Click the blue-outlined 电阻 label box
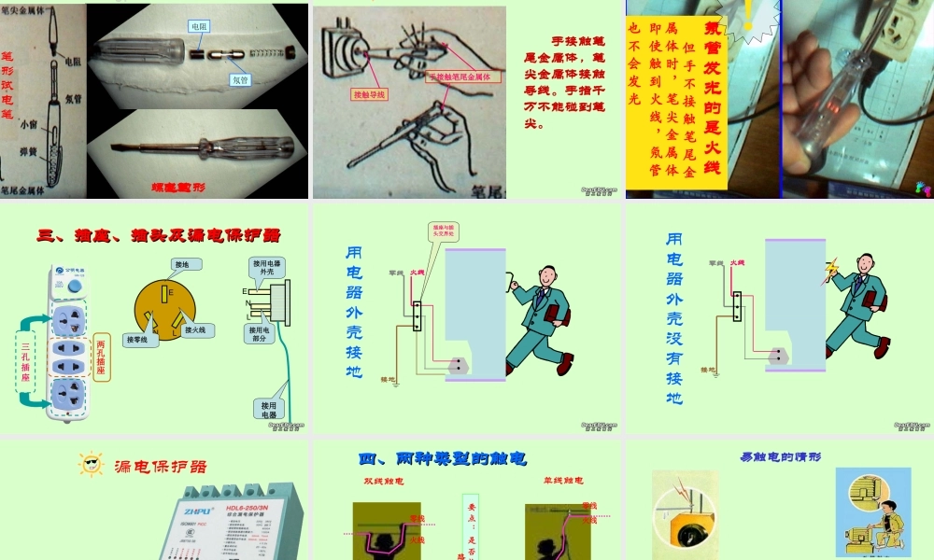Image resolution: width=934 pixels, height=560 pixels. [x=199, y=27]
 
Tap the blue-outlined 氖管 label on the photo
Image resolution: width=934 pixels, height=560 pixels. [x=240, y=80]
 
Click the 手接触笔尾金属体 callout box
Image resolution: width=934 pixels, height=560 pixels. [x=463, y=77]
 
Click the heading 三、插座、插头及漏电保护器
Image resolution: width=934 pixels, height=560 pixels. [x=159, y=234]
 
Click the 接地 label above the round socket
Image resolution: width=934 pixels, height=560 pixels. [x=181, y=265]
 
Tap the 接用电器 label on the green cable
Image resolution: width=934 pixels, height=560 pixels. [x=269, y=409]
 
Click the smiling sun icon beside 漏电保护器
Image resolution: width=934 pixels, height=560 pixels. [x=91, y=464]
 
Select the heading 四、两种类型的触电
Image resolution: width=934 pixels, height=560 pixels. [x=443, y=458]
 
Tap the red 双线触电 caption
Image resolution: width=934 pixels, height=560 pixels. [x=383, y=482]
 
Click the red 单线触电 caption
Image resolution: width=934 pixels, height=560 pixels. [x=562, y=481]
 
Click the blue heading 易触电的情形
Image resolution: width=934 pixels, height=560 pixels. [x=780, y=457]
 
